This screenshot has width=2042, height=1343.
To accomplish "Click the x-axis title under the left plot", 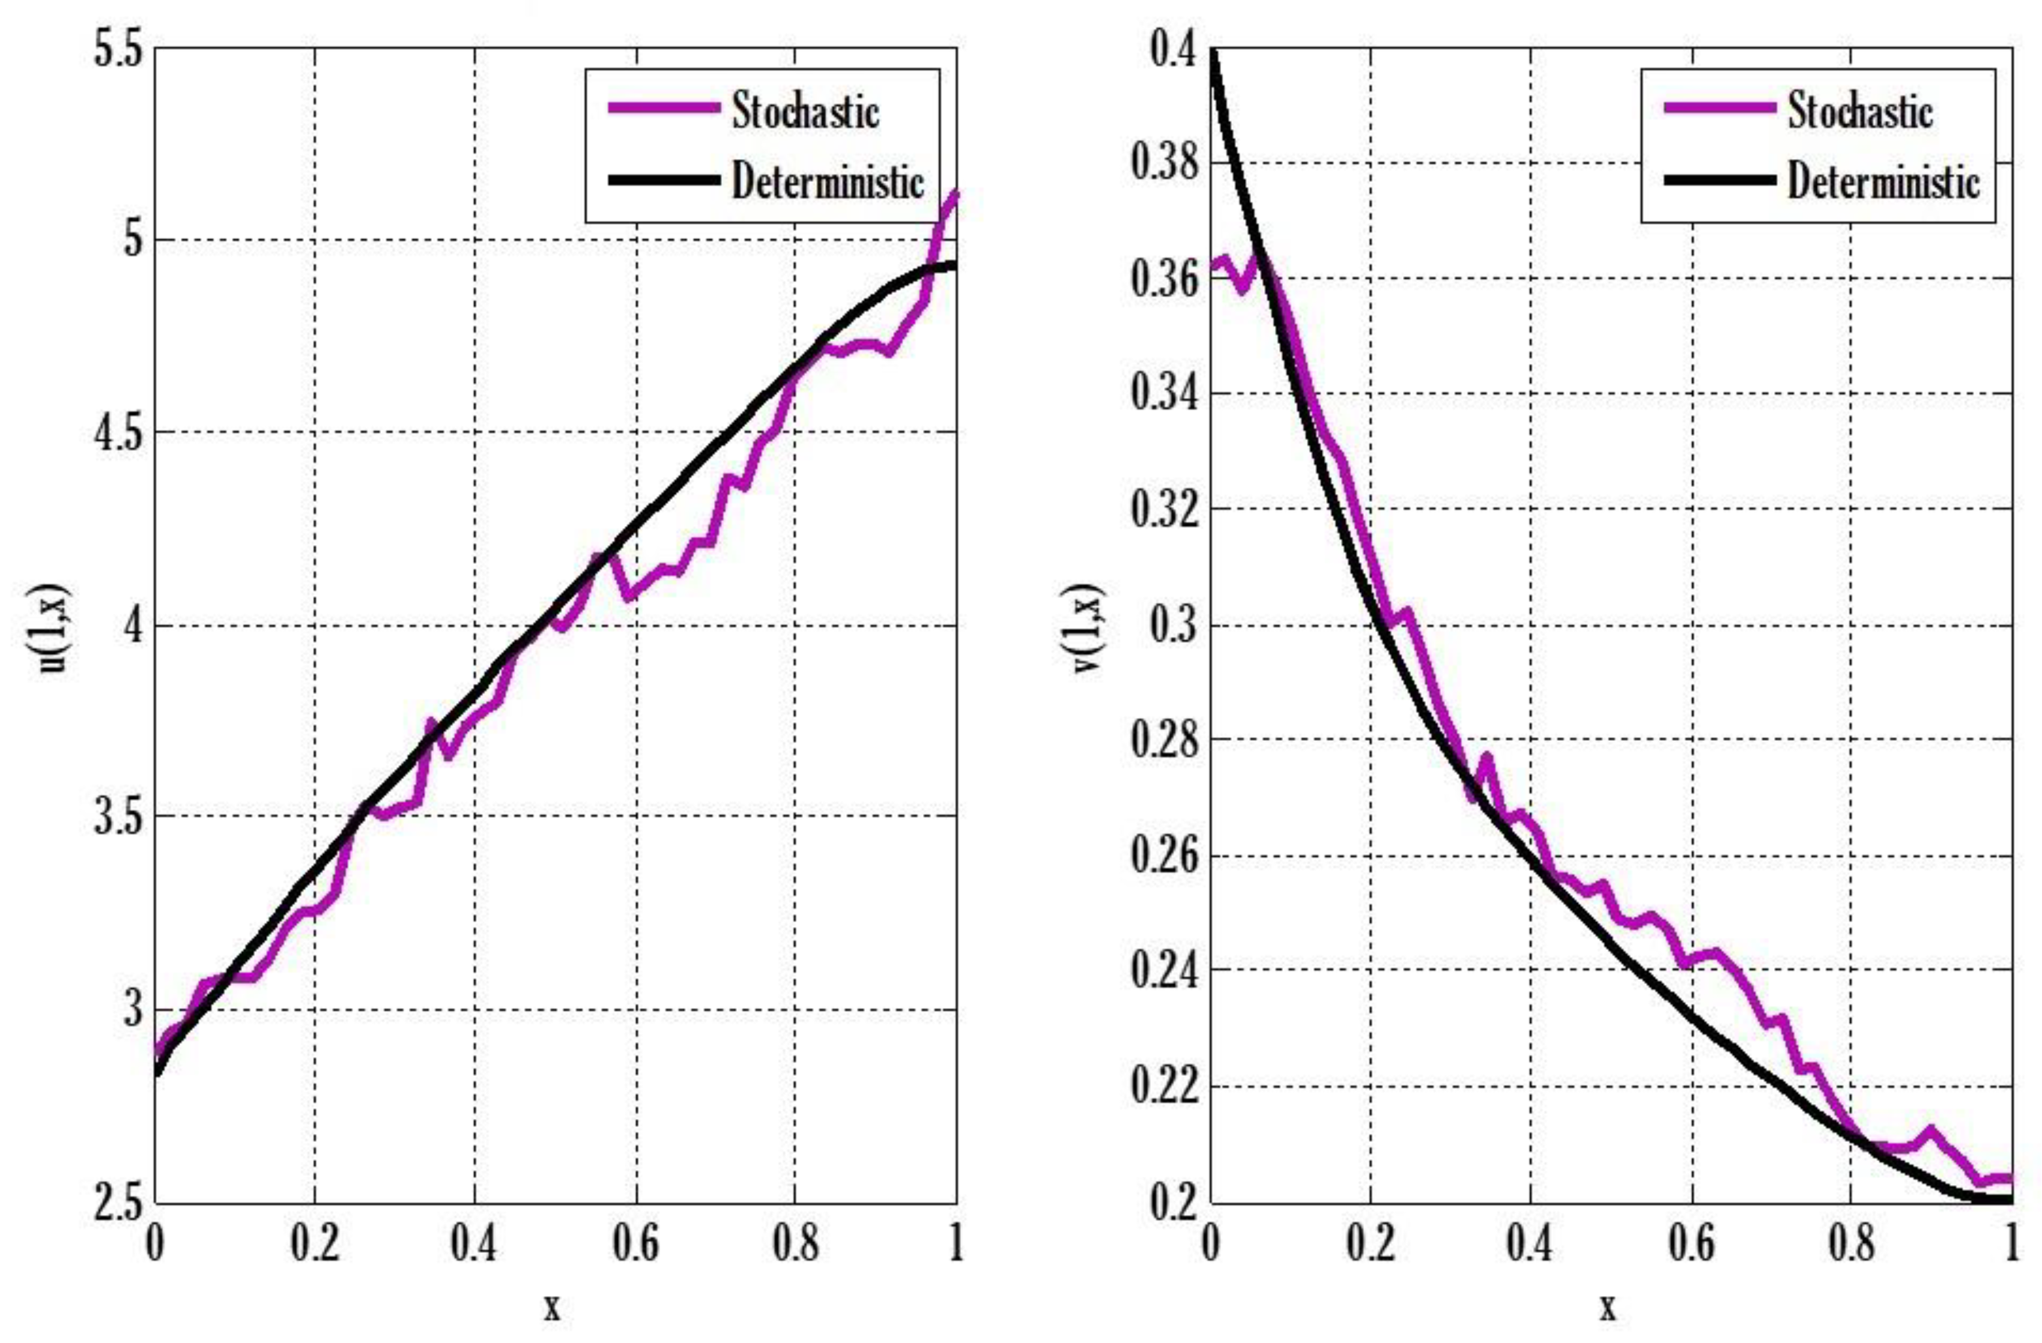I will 552,1307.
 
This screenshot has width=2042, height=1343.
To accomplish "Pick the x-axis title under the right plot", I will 1607,1307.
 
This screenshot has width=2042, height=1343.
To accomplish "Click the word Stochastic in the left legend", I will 805,112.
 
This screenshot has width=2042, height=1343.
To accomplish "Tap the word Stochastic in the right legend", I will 1860,112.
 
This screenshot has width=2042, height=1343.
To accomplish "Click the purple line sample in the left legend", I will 663,108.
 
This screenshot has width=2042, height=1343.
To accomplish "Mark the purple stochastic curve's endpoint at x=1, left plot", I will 955,194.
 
